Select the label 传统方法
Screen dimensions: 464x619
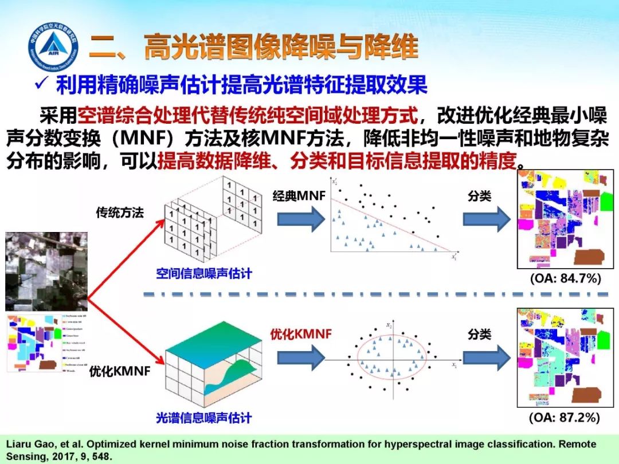pyautogui.click(x=120, y=213)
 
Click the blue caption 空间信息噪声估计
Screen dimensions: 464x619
pyautogui.click(x=203, y=273)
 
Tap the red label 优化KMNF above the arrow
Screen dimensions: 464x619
pyautogui.click(x=301, y=334)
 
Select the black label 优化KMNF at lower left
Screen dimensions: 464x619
pyautogui.click(x=119, y=371)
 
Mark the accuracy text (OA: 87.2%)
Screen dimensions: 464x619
pyautogui.click(x=565, y=418)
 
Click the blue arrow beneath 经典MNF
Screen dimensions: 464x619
pyautogui.click(x=301, y=219)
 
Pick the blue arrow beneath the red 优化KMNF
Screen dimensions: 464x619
pyautogui.click(x=301, y=357)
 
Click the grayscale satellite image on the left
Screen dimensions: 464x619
pyautogui.click(x=46, y=272)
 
